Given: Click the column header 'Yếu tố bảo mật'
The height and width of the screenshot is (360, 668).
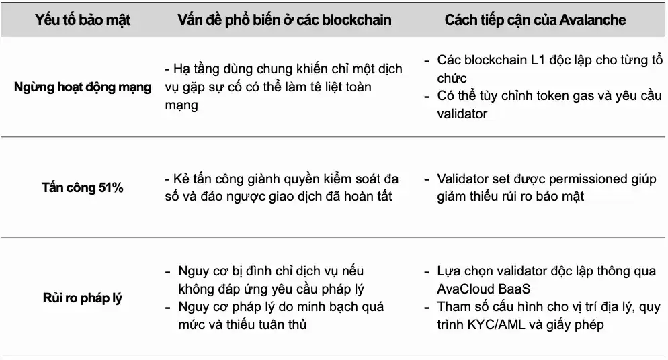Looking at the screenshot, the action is (x=83, y=19).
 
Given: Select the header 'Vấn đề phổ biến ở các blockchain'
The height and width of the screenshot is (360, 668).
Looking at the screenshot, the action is (x=284, y=19).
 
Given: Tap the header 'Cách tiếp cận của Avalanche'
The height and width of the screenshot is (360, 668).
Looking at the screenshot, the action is (x=535, y=19).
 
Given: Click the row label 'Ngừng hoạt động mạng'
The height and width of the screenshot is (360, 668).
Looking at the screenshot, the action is (x=83, y=87).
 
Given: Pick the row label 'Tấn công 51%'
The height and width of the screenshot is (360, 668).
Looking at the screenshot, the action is (x=83, y=188).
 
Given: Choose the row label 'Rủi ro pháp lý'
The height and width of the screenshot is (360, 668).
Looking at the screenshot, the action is (x=83, y=298).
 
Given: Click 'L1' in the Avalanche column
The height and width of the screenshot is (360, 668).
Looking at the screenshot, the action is (x=526, y=60).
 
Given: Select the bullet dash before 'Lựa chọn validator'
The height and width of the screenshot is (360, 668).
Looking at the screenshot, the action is (x=427, y=272).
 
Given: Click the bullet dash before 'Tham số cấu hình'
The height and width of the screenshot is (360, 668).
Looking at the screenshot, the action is (x=427, y=308).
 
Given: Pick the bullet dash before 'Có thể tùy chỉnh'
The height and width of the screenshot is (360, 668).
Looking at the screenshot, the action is (x=427, y=96).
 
